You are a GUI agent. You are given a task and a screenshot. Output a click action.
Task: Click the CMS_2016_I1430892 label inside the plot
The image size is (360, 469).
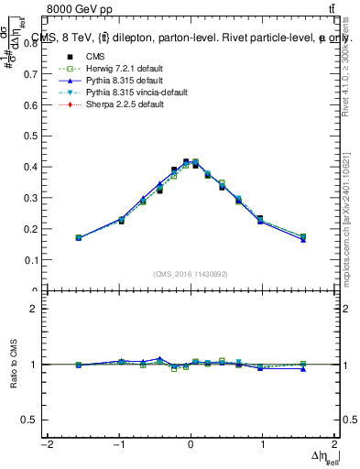coord(191,273)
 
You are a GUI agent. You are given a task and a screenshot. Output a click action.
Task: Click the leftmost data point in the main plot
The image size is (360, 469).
coord(79,237)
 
